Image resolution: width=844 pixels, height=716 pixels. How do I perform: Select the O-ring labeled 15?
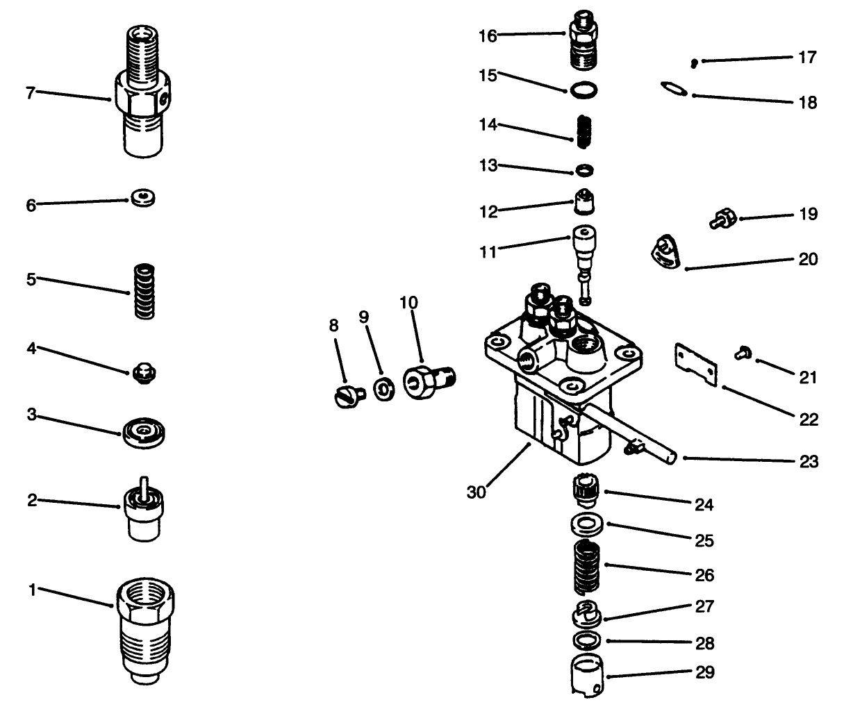pyautogui.click(x=582, y=89)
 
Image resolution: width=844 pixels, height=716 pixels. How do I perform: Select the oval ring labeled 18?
pyautogui.click(x=673, y=88)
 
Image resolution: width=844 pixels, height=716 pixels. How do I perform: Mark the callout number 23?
pyautogui.click(x=809, y=461)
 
